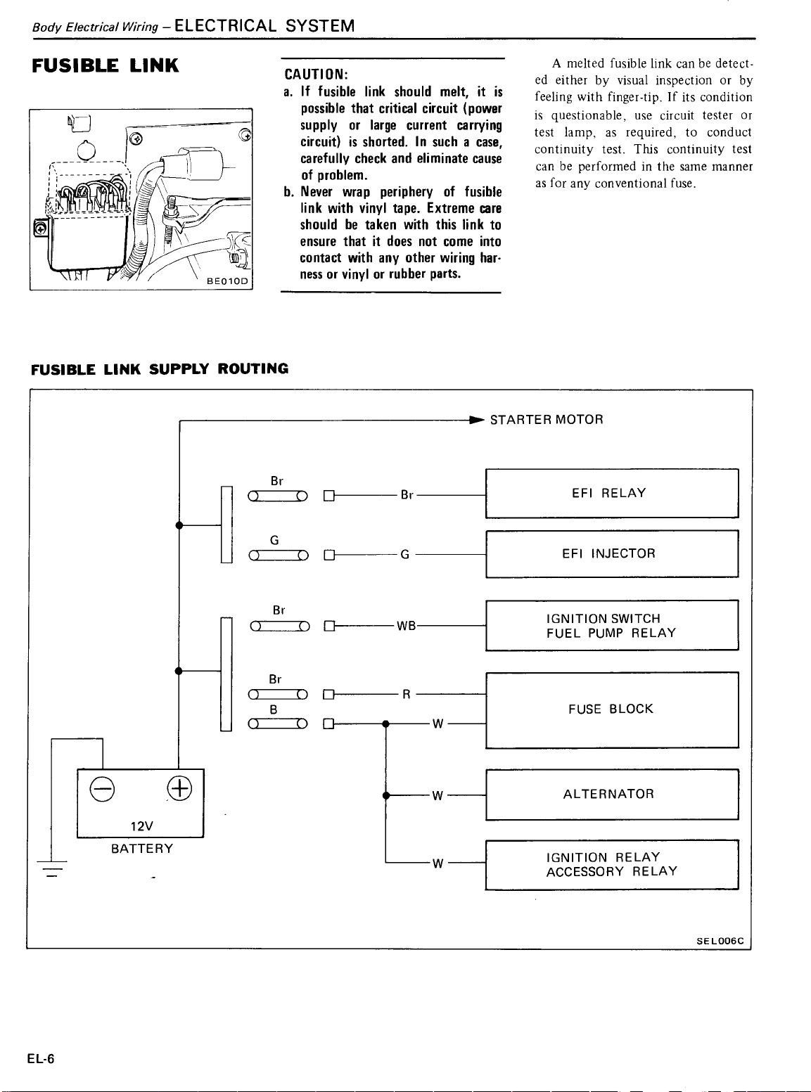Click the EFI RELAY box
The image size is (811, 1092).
pos(612,494)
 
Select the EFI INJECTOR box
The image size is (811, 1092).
pos(612,554)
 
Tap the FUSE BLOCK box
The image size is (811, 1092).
pos(612,710)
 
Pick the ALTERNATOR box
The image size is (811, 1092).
pos(612,794)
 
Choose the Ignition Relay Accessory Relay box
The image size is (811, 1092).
pos(612,865)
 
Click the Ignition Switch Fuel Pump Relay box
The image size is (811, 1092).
pos(612,625)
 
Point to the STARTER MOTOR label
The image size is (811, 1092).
pos(547,420)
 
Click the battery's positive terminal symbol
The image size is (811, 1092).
pos(179,788)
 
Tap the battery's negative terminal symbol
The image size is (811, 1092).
pos(103,789)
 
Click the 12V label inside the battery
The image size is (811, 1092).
pos(141,826)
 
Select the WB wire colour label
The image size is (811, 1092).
pos(407,626)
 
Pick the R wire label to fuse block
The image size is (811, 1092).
pos(407,695)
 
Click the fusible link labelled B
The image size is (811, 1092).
pos(278,724)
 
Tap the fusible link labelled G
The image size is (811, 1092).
pos(279,555)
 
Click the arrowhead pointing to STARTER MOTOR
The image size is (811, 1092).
pos(477,420)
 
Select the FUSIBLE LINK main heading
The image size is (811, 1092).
pos(105,65)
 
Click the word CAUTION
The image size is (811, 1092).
pos(317,75)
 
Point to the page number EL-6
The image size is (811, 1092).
pos(41,1058)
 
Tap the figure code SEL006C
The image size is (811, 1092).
pos(720,941)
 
